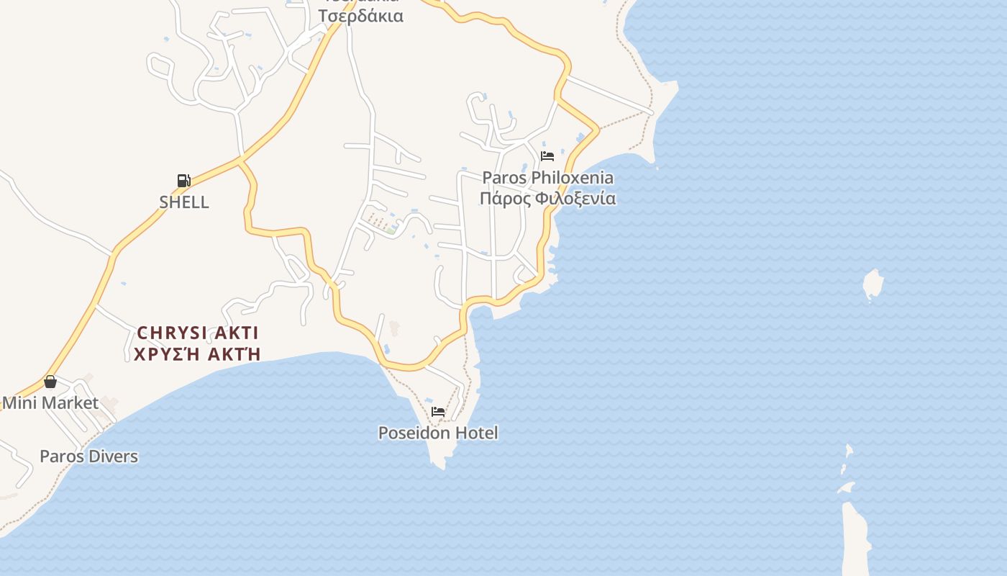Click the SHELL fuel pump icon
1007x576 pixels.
[183, 181]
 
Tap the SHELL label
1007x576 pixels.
[184, 202]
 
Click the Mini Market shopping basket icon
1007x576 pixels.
[50, 382]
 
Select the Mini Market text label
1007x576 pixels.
[50, 402]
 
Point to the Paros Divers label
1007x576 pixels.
[88, 456]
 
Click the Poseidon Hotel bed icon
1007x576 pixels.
[438, 412]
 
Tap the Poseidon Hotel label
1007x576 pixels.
[438, 433]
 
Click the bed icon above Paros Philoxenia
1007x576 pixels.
[547, 156]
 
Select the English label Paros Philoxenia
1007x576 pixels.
[547, 177]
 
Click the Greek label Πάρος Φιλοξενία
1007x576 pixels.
[547, 198]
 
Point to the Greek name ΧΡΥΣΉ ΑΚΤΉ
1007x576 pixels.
[197, 354]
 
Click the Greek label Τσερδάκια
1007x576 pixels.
[361, 16]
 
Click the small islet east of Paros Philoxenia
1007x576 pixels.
[872, 284]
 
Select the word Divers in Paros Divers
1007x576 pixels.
[113, 456]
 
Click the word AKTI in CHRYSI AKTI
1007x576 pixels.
[234, 333]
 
